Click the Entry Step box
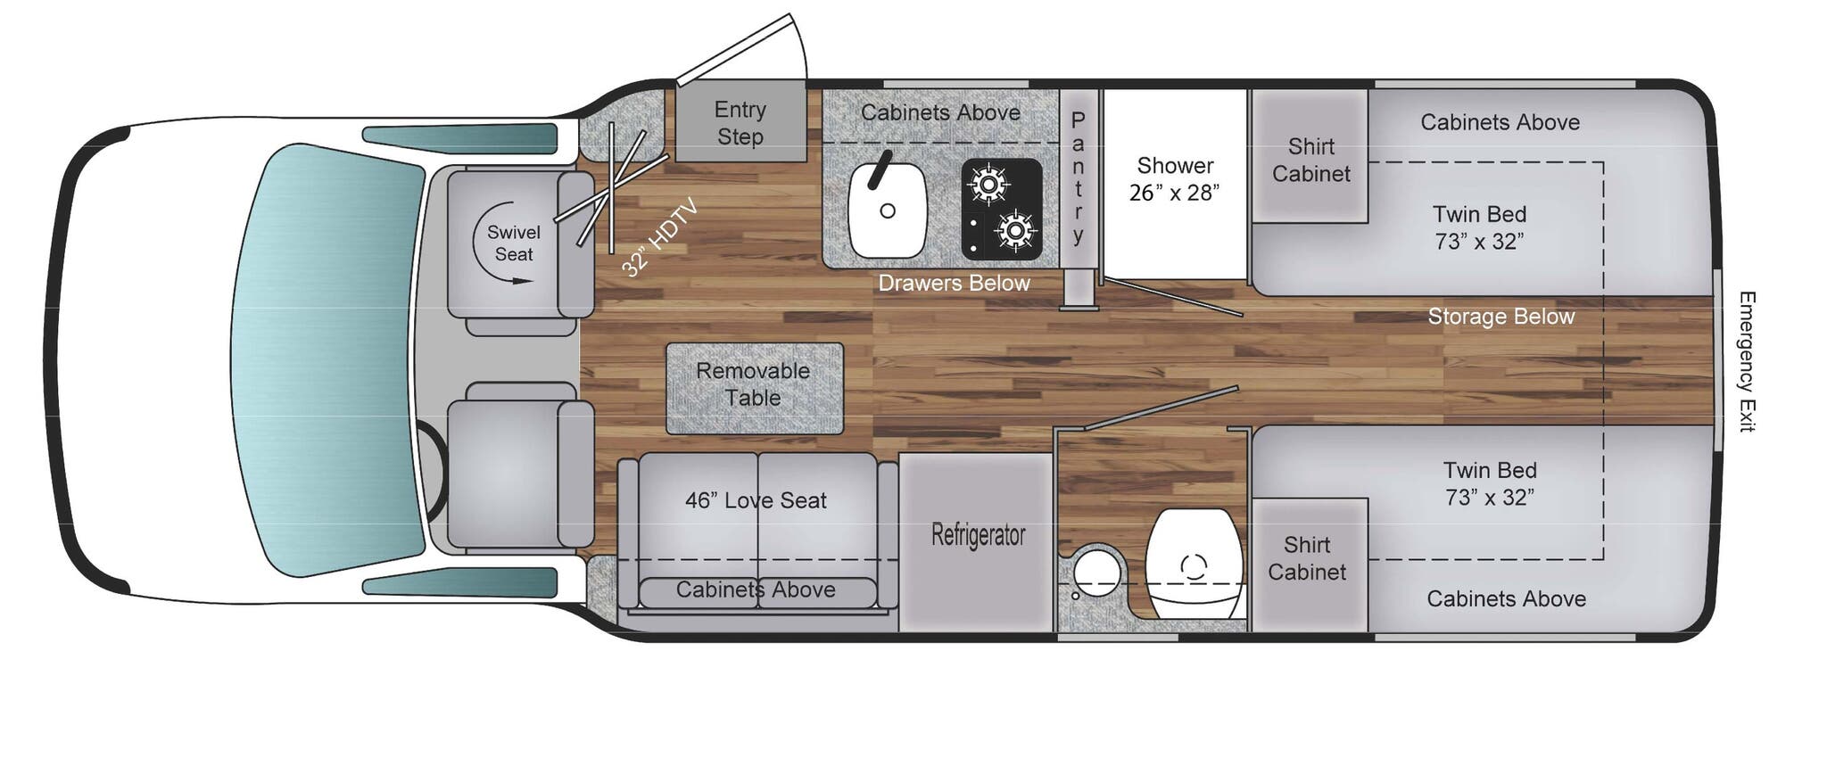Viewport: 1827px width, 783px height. click(x=740, y=123)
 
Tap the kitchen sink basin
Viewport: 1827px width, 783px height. click(x=887, y=210)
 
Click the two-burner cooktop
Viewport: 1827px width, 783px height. click(x=1002, y=209)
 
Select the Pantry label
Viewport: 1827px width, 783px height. click(x=1078, y=178)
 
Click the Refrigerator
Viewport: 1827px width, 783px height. click(x=977, y=535)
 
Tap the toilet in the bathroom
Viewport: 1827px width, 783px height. click(x=1194, y=564)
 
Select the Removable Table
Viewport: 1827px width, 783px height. click(x=754, y=385)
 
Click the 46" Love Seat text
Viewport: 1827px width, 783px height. click(x=756, y=500)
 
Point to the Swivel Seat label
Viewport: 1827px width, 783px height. click(x=513, y=243)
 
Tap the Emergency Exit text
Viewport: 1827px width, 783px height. click(x=1747, y=361)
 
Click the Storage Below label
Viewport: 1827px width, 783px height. click(x=1500, y=317)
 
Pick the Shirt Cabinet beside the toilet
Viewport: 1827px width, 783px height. click(x=1307, y=559)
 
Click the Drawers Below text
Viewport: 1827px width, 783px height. click(x=954, y=284)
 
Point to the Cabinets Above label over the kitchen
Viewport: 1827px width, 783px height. click(x=940, y=112)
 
